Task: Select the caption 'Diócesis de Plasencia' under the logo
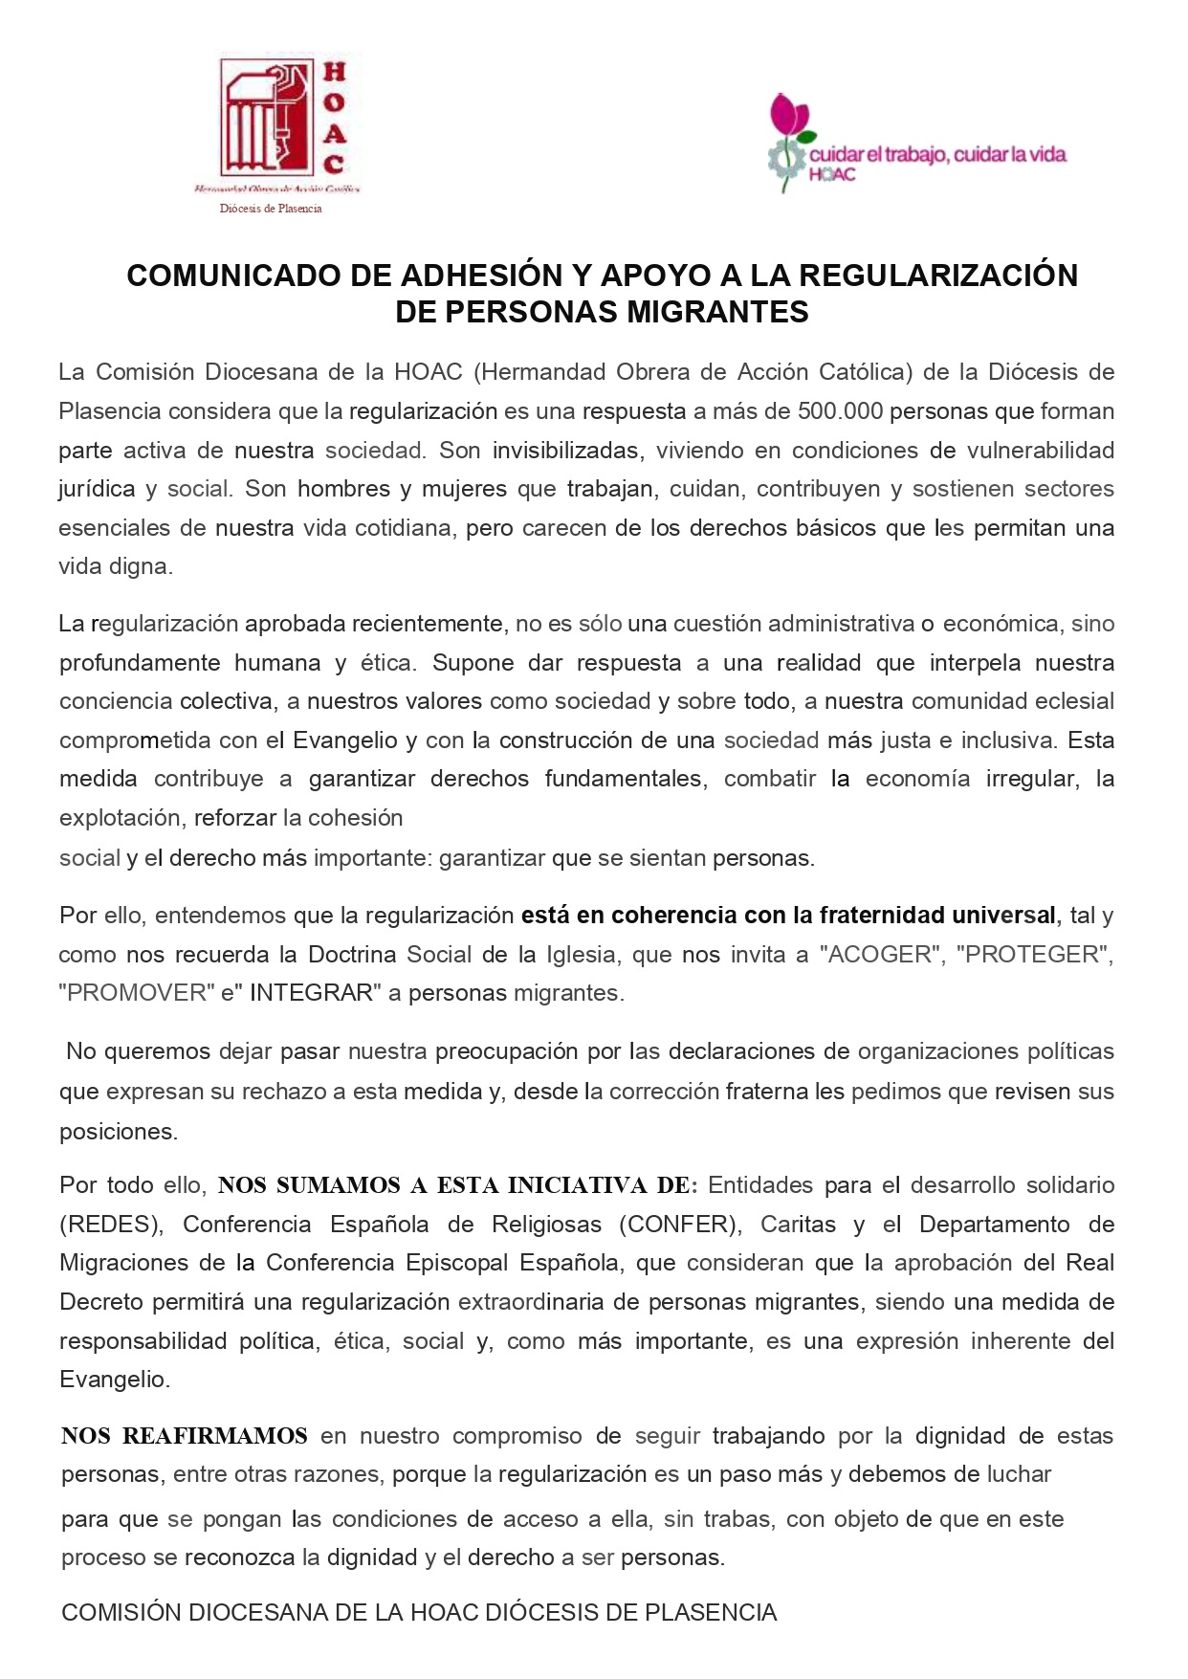pyautogui.click(x=271, y=209)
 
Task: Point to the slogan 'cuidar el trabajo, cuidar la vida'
pyautogui.click(x=937, y=155)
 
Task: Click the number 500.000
pyautogui.click(x=839, y=411)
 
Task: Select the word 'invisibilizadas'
pyautogui.click(x=566, y=451)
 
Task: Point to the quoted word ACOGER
pyautogui.click(x=879, y=955)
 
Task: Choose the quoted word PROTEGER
pyautogui.click(x=1033, y=955)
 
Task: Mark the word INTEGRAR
pyautogui.click(x=311, y=993)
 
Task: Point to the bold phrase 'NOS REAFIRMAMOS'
pyautogui.click(x=185, y=1436)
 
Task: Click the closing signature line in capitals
pyautogui.click(x=419, y=1613)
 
